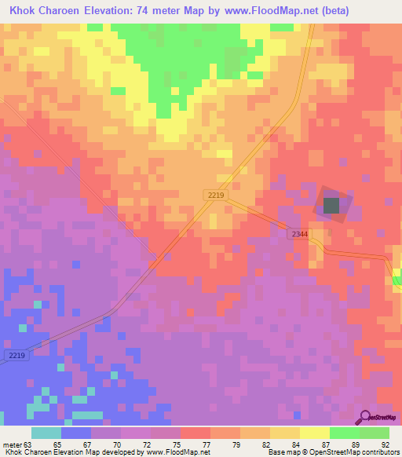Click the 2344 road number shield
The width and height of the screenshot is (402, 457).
[x=299, y=234]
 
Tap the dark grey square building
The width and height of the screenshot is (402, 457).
[x=331, y=206]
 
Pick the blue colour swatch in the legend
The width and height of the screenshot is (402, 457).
[x=75, y=432]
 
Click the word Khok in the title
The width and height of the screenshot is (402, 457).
[x=24, y=10]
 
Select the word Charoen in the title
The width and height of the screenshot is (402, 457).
[x=70, y=10]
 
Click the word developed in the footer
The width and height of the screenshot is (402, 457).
[x=121, y=452]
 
